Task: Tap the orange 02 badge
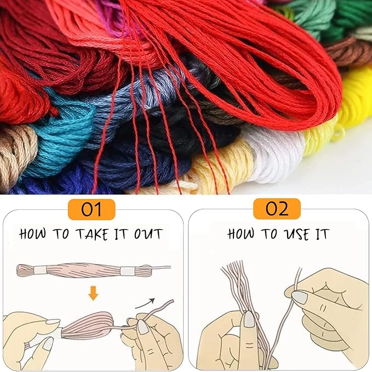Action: click(x=277, y=209)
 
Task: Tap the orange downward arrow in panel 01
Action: click(x=93, y=294)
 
